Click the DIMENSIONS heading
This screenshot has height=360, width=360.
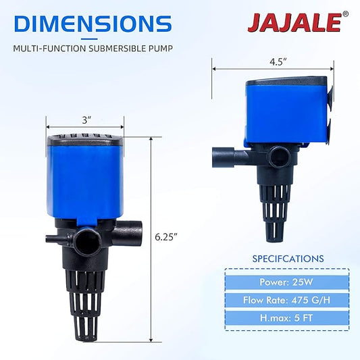coord(93,24)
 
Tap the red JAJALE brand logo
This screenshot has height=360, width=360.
coord(294,22)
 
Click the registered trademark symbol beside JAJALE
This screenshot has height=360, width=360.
coord(346,14)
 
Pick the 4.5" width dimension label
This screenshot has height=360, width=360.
coord(278,61)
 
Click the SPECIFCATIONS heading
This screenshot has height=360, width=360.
coord(288,259)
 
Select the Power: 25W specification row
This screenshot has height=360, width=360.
coord(287,282)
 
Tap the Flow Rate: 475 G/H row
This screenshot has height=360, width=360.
coord(287,300)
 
